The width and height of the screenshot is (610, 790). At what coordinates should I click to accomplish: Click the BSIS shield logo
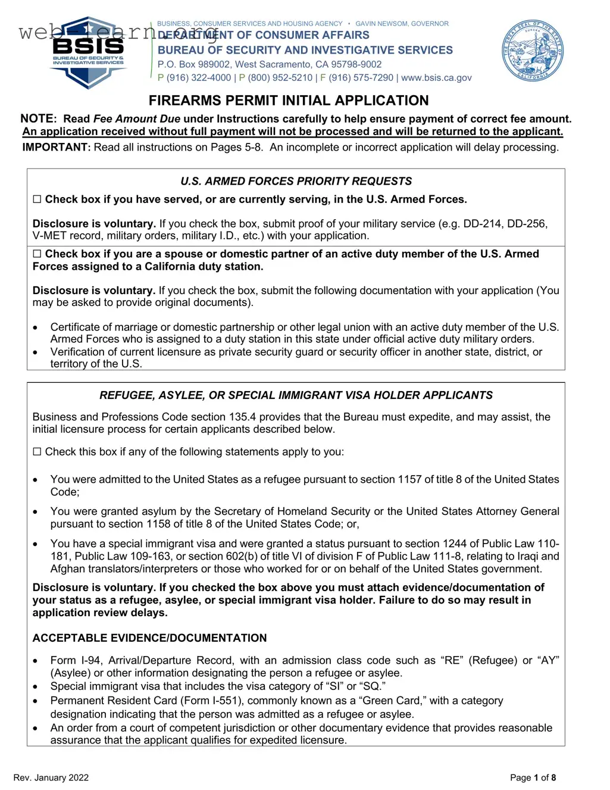88,52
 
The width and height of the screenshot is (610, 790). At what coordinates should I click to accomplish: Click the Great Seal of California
533,51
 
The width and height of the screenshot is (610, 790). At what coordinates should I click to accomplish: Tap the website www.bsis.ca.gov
436,77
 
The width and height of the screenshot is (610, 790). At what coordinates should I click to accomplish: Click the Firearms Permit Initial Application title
289,101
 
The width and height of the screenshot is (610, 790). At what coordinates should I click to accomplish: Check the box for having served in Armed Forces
37,199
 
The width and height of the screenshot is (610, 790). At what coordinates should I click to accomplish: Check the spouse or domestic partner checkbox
37,254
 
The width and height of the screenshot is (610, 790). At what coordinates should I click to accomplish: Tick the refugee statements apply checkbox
37,452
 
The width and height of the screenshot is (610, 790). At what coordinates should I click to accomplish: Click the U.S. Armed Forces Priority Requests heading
296,181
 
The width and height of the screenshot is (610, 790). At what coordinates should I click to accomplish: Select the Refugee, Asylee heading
296,395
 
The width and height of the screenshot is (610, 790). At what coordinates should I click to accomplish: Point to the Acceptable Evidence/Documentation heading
149,638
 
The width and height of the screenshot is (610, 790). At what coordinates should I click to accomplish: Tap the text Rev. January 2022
51,777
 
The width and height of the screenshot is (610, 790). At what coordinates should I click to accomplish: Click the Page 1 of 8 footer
533,777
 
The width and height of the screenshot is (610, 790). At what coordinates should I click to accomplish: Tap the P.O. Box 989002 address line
270,64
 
